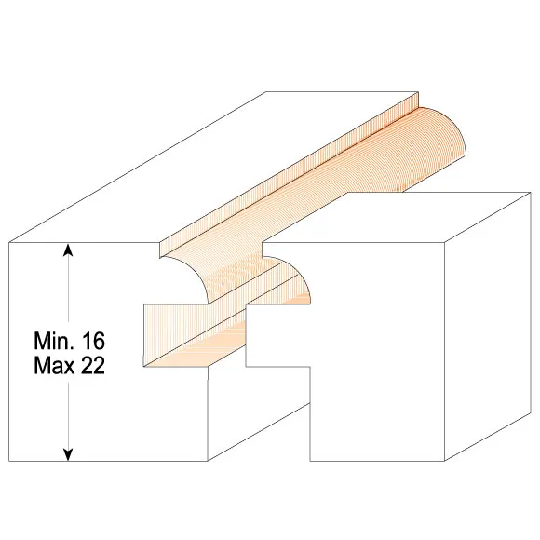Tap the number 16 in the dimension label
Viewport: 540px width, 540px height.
coord(93,341)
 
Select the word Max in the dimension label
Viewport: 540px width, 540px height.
coord(54,365)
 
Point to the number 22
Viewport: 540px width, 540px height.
coord(93,365)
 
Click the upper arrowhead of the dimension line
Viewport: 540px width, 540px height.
coord(69,250)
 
